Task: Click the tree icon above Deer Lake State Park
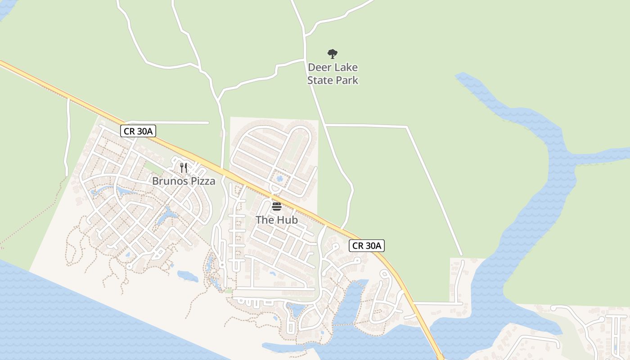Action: point(333,54)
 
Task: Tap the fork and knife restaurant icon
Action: point(184,168)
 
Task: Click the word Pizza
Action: point(202,181)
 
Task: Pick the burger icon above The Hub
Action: point(277,207)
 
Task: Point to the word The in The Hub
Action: point(265,220)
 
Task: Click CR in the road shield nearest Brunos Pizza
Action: point(130,131)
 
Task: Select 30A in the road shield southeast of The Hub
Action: point(373,246)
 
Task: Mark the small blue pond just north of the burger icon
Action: point(279,179)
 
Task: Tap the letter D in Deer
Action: point(311,68)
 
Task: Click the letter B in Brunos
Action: point(155,181)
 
